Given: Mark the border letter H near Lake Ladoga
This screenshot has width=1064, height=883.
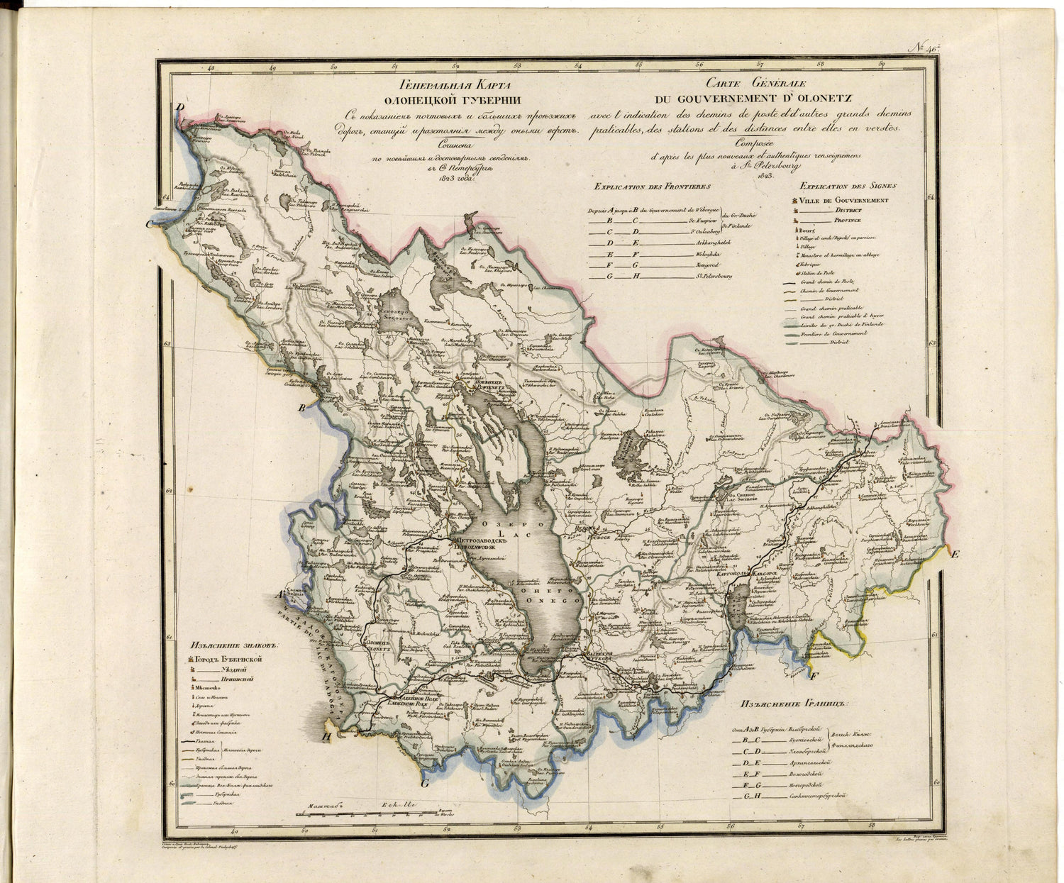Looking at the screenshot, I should (326, 735).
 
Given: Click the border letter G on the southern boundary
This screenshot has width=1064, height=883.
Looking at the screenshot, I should (425, 784).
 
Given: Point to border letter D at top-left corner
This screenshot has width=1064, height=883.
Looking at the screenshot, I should (180, 108).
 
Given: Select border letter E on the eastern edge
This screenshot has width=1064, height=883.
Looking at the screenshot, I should (955, 554).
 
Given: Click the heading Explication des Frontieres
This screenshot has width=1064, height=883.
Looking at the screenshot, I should (653, 187).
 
